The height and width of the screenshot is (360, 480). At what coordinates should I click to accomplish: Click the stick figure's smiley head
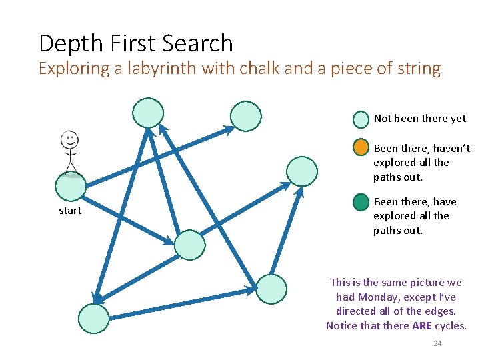[69, 140]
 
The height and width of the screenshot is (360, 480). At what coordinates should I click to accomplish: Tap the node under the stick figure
[70, 187]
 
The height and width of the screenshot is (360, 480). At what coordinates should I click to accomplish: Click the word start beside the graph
[70, 211]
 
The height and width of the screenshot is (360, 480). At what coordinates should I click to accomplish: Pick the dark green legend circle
[361, 201]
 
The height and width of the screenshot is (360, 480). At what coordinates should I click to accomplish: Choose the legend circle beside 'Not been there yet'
[361, 119]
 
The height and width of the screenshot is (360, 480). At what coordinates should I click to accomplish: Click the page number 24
[437, 343]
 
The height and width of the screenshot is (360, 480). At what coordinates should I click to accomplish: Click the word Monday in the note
[377, 297]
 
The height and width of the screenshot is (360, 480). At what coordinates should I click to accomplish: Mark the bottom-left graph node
[93, 319]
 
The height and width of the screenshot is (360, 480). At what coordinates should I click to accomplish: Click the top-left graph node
[147, 112]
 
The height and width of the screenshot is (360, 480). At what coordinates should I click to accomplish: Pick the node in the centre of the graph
[190, 244]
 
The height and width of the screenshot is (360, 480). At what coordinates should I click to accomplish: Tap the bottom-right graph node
[271, 289]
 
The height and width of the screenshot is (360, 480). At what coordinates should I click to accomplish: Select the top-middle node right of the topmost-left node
[245, 116]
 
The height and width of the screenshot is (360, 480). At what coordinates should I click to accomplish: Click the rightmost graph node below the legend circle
[301, 171]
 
